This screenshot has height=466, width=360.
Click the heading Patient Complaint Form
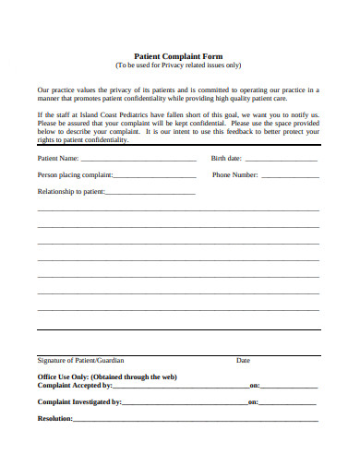(179, 56)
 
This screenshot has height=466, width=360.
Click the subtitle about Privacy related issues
(179, 66)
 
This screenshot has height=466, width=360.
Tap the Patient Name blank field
(138, 159)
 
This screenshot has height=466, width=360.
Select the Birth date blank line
(282, 159)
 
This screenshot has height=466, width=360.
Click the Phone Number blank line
(290, 175)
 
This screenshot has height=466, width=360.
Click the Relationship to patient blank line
(150, 193)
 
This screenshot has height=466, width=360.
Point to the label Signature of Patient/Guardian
(80, 360)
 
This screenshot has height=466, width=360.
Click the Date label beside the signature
(243, 360)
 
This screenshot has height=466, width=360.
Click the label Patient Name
(57, 159)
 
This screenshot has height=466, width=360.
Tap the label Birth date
(227, 159)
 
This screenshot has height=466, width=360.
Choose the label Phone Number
(234, 175)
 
